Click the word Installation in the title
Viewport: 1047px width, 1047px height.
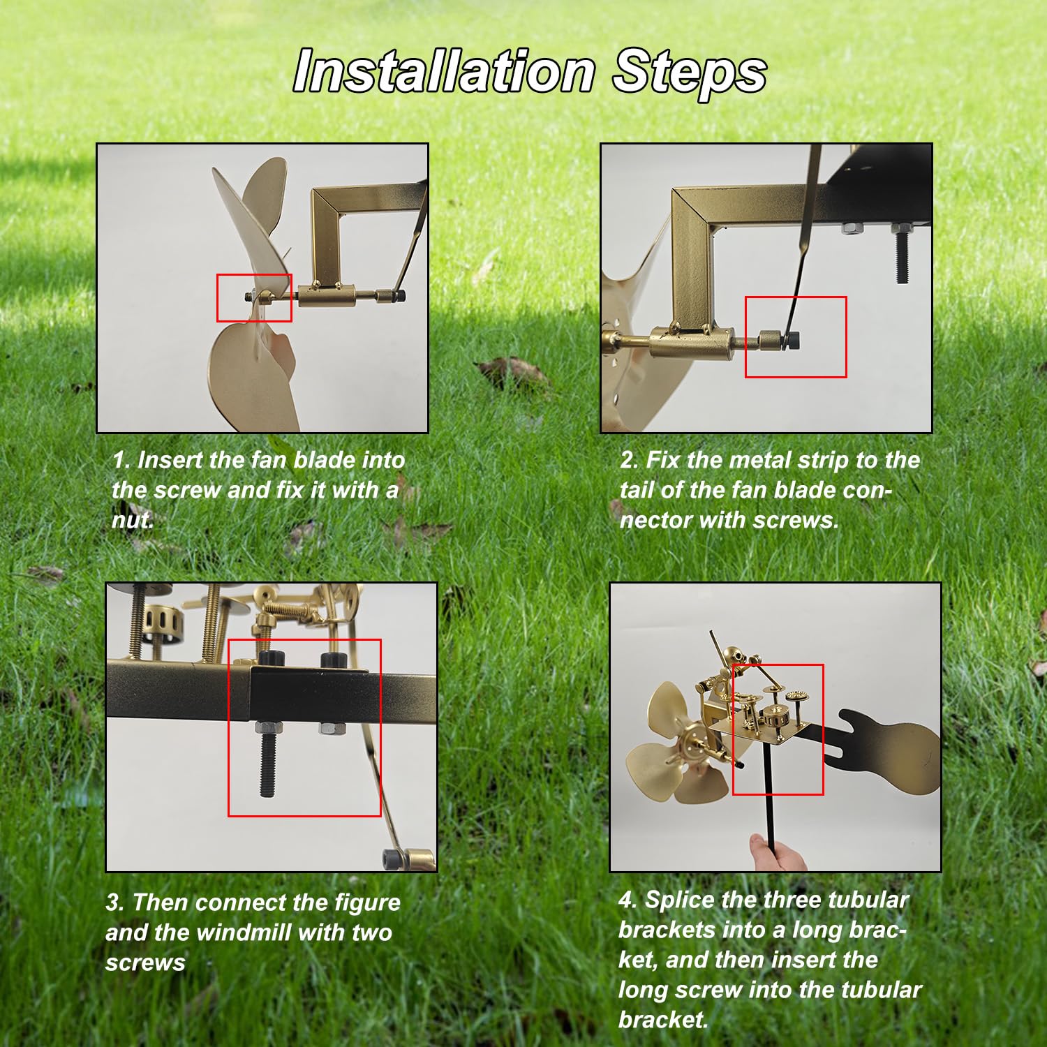click(x=444, y=71)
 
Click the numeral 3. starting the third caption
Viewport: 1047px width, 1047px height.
click(x=115, y=903)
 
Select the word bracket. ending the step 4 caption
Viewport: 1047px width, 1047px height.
click(x=664, y=1020)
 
